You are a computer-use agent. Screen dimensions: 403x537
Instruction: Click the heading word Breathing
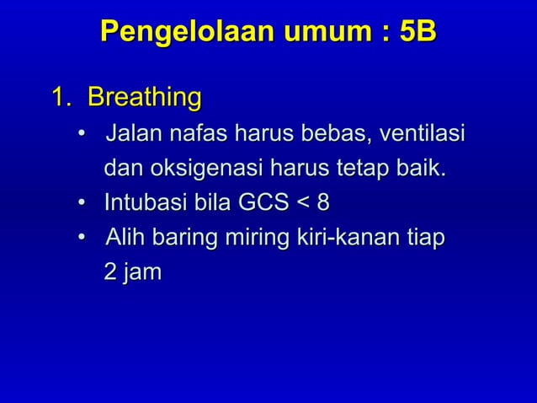pyautogui.click(x=144, y=99)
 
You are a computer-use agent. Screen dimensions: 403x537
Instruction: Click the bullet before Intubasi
pyautogui.click(x=81, y=204)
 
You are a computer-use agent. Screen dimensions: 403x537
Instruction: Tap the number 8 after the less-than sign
pyautogui.click(x=323, y=203)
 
